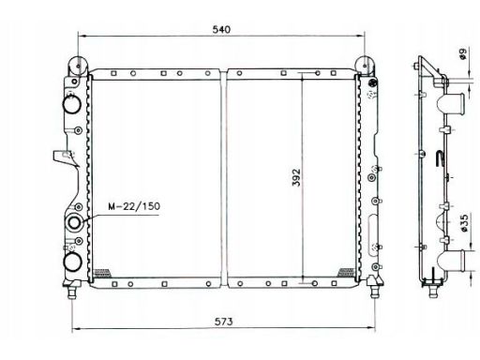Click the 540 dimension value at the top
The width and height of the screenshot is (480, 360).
pos(221,30)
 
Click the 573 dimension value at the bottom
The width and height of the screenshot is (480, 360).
pos(224,322)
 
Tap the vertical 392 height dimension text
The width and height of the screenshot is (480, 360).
pos(296,177)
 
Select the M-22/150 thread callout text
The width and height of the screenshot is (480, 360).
pos(134,206)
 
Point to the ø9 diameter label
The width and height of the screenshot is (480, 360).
pos(463,53)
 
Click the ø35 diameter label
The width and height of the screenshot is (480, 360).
pos(464,223)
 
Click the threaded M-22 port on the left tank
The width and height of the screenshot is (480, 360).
pos(75,223)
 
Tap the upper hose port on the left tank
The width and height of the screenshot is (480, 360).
pos(72,104)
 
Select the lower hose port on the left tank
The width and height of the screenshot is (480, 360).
pos(73,262)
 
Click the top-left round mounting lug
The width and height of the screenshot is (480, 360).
pos(78,66)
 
